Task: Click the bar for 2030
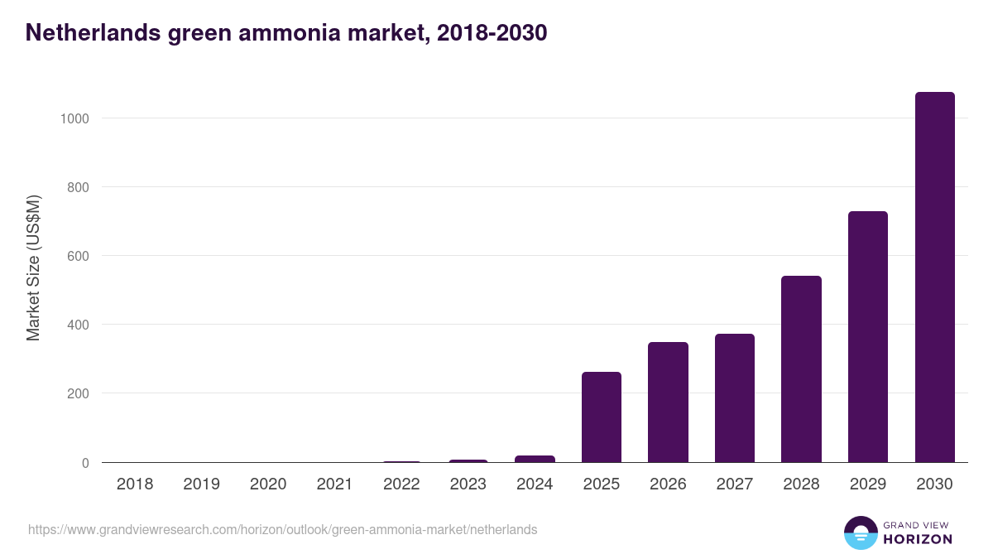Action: pos(934,277)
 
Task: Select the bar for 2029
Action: pos(867,337)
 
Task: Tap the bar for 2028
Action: pos(801,369)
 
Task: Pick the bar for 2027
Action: pos(734,398)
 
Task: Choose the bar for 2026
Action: pos(668,402)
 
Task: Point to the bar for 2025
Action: pos(601,417)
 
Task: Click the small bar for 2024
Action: pos(535,459)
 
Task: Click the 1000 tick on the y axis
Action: pos(74,118)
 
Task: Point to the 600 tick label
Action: pos(77,256)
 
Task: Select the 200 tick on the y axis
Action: pos(77,393)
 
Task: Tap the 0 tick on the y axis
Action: pos(85,463)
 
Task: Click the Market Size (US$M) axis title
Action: pos(33,267)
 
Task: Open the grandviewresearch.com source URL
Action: pos(282,529)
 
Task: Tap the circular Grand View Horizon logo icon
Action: pos(860,532)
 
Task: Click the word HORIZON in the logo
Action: pos(918,539)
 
